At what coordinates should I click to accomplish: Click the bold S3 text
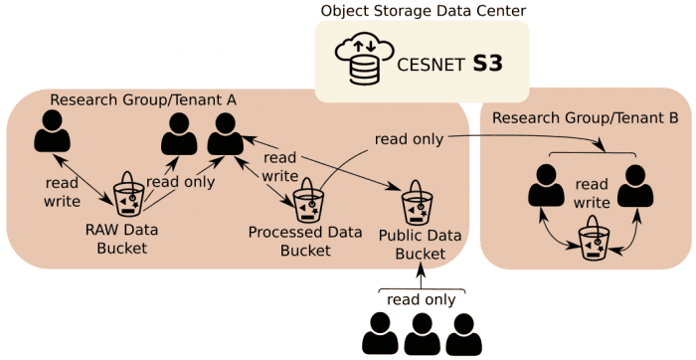tap(487, 65)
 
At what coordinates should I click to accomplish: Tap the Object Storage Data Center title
tap(422, 10)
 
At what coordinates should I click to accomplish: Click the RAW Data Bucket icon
tap(128, 195)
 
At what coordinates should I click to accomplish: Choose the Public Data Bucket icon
tap(417, 203)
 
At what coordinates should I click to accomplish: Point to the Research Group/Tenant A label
tap(143, 99)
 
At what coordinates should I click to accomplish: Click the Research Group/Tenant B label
tap(586, 118)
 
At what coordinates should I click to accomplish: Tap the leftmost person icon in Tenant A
tap(53, 131)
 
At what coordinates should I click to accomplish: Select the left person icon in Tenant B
tap(546, 185)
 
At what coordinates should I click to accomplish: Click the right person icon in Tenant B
tap(635, 185)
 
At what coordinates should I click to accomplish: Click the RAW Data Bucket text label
tap(122, 239)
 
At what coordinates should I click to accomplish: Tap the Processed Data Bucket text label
tap(305, 241)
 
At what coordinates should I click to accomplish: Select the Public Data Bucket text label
tap(420, 245)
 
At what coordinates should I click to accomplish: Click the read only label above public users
tap(422, 300)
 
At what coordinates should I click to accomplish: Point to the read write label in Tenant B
tap(592, 193)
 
